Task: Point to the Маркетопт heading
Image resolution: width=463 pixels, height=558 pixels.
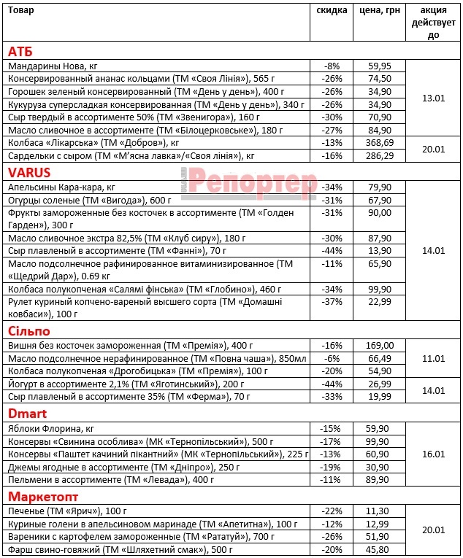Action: pos(44,496)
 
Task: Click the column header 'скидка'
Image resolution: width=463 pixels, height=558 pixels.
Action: pos(332,11)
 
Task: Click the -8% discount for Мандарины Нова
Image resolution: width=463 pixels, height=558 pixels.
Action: pos(332,66)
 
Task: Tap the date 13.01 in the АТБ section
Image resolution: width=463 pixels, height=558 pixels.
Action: pos(434,98)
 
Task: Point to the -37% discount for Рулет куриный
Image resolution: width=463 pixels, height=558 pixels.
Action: pos(332,302)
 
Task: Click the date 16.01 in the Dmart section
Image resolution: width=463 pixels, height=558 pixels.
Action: pos(434,454)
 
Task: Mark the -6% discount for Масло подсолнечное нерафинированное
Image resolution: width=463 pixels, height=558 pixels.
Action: pos(332,358)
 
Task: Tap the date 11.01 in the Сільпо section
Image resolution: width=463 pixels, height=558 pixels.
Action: pos(434,358)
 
